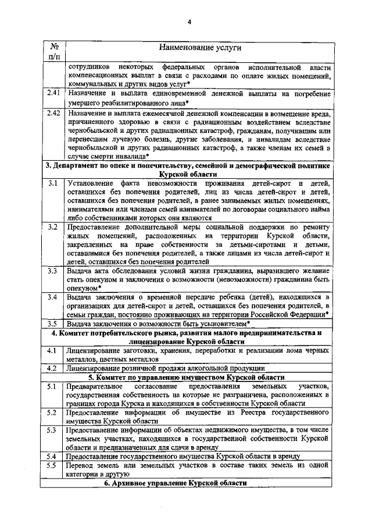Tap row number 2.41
(x=54, y=93)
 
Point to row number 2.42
(x=54, y=113)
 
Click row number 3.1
(x=53, y=184)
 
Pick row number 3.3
(x=53, y=271)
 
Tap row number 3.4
(x=53, y=298)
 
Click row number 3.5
(x=53, y=323)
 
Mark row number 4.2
(x=53, y=368)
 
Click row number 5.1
(x=53, y=387)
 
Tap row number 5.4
(x=53, y=456)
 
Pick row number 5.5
(x=53, y=466)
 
